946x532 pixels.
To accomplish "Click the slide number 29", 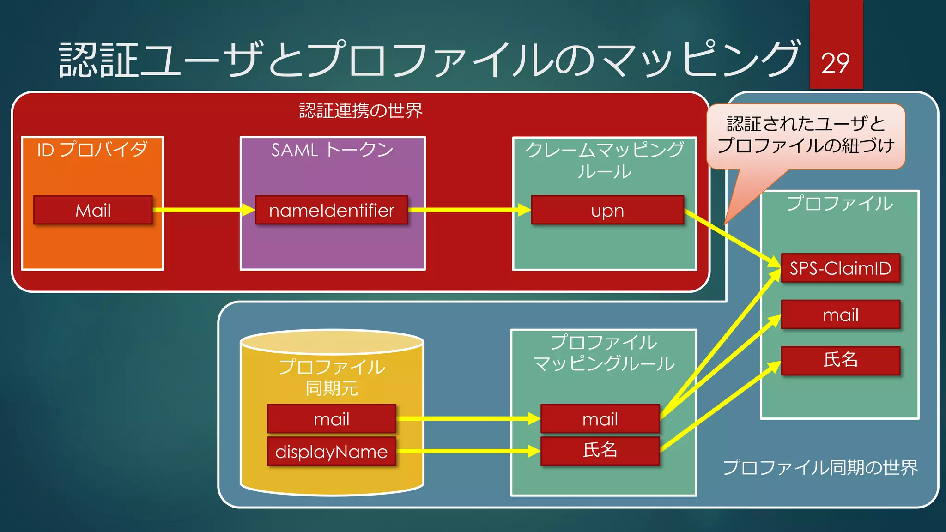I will [835, 63].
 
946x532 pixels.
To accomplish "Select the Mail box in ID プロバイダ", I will [93, 210].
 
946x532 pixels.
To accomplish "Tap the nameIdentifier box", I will [331, 210].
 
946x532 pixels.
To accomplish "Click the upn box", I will [607, 210].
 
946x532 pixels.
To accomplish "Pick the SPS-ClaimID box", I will [840, 268].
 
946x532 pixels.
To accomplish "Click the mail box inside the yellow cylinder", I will [331, 419].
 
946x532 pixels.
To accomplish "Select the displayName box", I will [331, 451].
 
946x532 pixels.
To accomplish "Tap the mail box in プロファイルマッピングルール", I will [600, 419].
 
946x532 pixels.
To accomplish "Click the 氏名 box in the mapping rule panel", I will [600, 451].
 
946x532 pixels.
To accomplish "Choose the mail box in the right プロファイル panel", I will [840, 314].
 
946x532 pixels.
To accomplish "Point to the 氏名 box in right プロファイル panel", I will [840, 360].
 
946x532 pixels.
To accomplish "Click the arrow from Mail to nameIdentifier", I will [203, 210].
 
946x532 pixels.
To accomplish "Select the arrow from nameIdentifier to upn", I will [469, 210].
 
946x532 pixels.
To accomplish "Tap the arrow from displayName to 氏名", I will [467, 451].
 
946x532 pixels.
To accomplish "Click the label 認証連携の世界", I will [360, 111].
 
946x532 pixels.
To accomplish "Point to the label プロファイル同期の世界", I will [820, 467].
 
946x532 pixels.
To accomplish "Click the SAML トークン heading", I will [332, 150].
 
